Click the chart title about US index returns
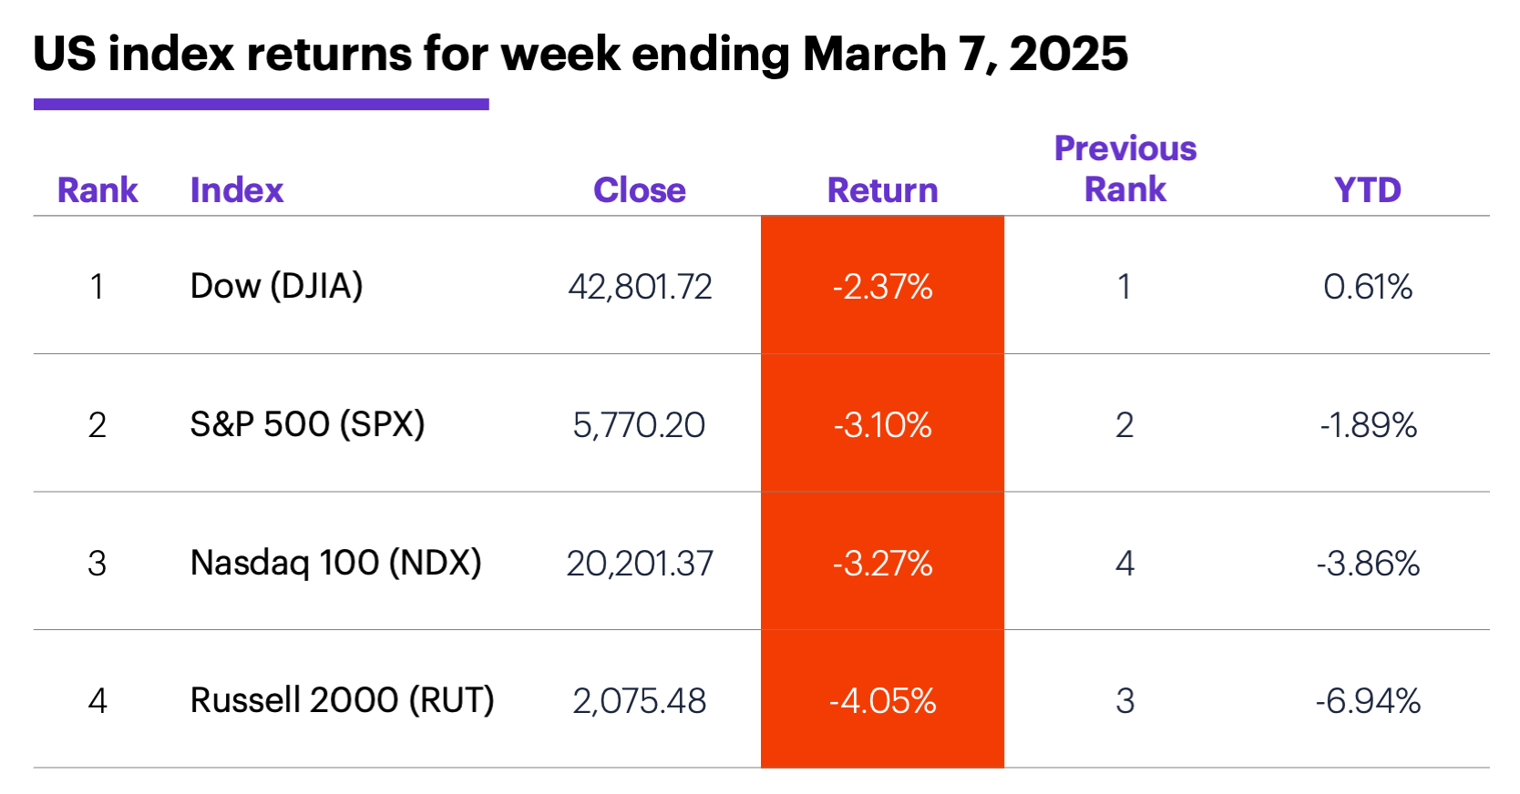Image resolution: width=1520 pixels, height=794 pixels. coord(580,55)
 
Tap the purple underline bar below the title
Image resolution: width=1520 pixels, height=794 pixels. coord(261,105)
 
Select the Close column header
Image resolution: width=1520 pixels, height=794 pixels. coord(639,190)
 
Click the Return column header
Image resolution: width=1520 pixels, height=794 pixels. coord(882,190)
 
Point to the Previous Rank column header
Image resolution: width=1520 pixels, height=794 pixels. coord(1125,169)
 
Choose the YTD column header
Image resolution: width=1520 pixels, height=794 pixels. coord(1367,190)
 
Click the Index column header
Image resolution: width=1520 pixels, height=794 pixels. coord(237,190)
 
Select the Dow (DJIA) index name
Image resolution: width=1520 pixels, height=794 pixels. coord(276,286)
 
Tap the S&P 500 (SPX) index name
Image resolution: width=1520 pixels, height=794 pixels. coord(307,424)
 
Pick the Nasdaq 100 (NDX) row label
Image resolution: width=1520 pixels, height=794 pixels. coord(335,563)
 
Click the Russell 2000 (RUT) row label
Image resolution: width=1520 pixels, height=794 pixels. coord(342,700)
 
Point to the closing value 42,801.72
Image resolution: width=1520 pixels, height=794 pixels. coord(640,287)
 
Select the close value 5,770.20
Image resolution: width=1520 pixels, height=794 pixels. coord(639,425)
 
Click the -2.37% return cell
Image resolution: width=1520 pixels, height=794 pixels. coord(882,287)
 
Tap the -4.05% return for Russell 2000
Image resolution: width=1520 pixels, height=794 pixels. coord(882,701)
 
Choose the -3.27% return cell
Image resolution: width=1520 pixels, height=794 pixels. coord(882,564)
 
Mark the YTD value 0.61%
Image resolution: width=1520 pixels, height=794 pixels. coord(1367,287)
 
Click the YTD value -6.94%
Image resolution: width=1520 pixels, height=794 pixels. coord(1367,701)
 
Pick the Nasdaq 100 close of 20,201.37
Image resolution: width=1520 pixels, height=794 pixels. coord(640,564)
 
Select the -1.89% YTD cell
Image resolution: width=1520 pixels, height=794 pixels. coord(1367,425)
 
